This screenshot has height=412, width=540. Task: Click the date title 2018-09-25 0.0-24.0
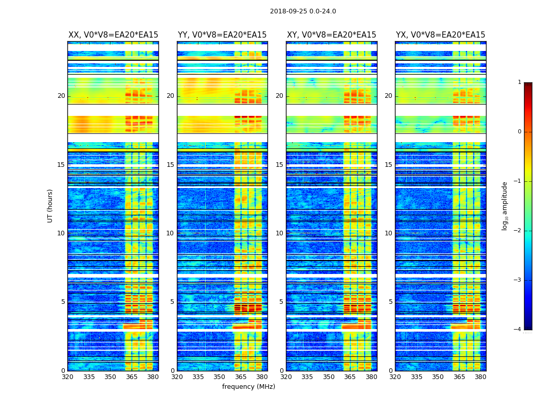point(303,11)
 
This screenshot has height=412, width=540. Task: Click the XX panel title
point(113,35)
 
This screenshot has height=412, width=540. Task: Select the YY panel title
point(222,35)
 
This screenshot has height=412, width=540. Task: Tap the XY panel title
point(331,35)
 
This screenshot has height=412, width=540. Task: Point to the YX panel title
point(440,35)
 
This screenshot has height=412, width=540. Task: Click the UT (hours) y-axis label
point(50,205)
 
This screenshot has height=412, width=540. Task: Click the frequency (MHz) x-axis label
point(248,387)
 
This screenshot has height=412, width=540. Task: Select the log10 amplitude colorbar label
point(505,205)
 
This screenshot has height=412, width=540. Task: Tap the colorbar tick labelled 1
point(519,82)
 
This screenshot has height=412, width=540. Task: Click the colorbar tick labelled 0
point(519,132)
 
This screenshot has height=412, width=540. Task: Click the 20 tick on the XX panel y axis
point(62,96)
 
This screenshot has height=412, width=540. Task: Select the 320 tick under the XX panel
point(67,377)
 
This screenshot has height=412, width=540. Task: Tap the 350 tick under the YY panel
point(219,377)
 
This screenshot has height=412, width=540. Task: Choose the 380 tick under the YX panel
point(480,377)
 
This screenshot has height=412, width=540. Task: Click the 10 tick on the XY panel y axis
point(279,233)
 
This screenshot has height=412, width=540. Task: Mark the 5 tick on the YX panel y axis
point(390,302)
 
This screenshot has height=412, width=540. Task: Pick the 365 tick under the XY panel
point(350,377)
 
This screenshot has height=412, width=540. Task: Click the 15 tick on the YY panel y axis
point(170,165)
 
